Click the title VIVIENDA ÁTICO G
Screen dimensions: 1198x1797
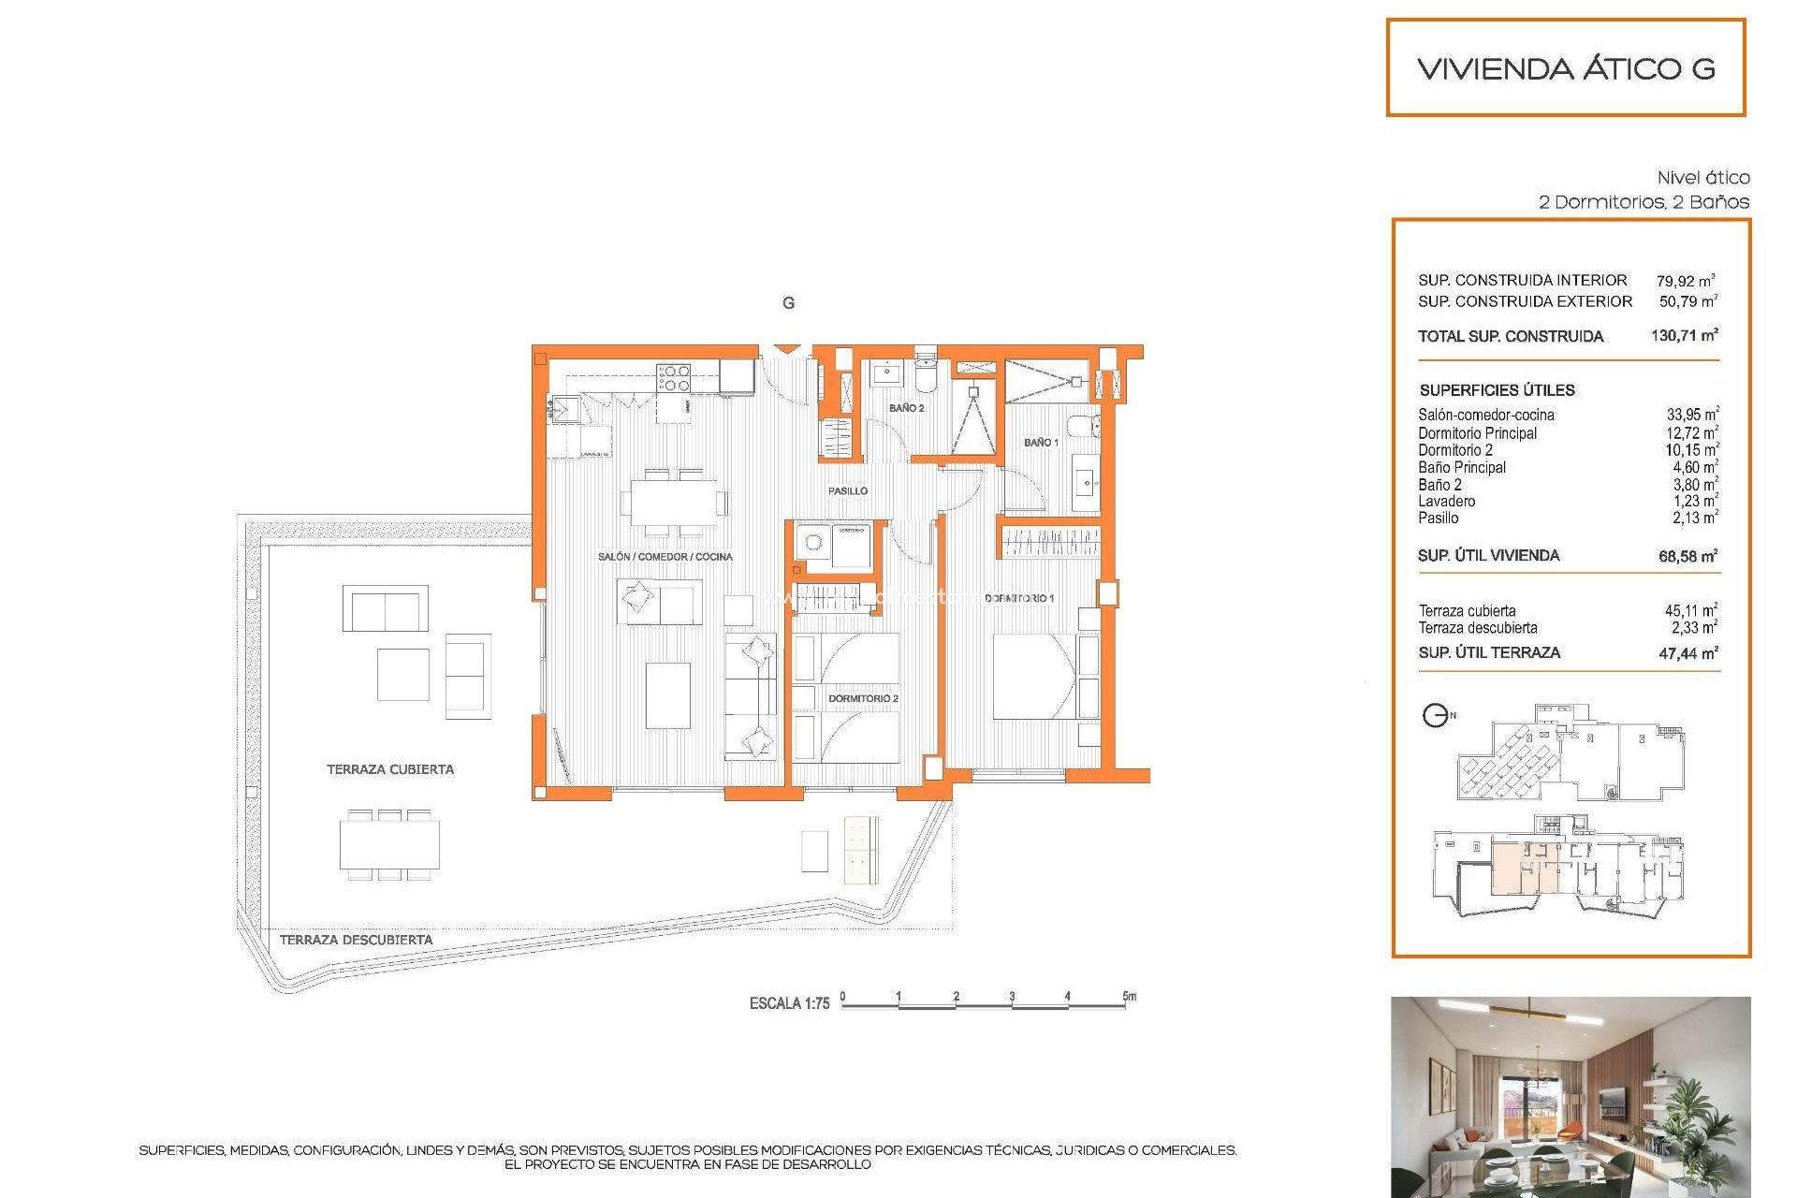[x=1566, y=68]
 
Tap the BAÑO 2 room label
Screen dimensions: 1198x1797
[x=906, y=408]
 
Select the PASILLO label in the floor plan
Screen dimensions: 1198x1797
[x=847, y=490]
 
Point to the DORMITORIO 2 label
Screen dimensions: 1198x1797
[x=862, y=698]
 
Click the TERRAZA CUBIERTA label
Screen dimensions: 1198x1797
[x=389, y=769]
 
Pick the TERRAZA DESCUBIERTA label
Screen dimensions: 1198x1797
[x=356, y=940]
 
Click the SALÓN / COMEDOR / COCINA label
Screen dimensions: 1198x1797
[x=665, y=557]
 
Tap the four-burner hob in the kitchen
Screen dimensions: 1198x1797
[x=674, y=378]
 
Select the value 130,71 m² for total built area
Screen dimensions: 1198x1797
[x=1684, y=335]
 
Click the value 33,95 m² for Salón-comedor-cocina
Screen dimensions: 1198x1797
[x=1691, y=415]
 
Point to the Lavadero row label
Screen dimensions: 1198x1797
[x=1446, y=502]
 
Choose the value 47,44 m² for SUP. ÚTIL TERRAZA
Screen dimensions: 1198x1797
[x=1687, y=653]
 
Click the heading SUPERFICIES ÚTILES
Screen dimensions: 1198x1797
[x=1497, y=390]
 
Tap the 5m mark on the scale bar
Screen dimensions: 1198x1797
[x=1129, y=997]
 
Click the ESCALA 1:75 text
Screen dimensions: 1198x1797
[x=789, y=1003]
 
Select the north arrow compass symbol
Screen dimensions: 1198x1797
[x=1435, y=716]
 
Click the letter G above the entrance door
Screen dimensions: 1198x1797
[x=788, y=303]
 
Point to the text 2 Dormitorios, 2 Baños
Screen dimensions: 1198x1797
[x=1644, y=202]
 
